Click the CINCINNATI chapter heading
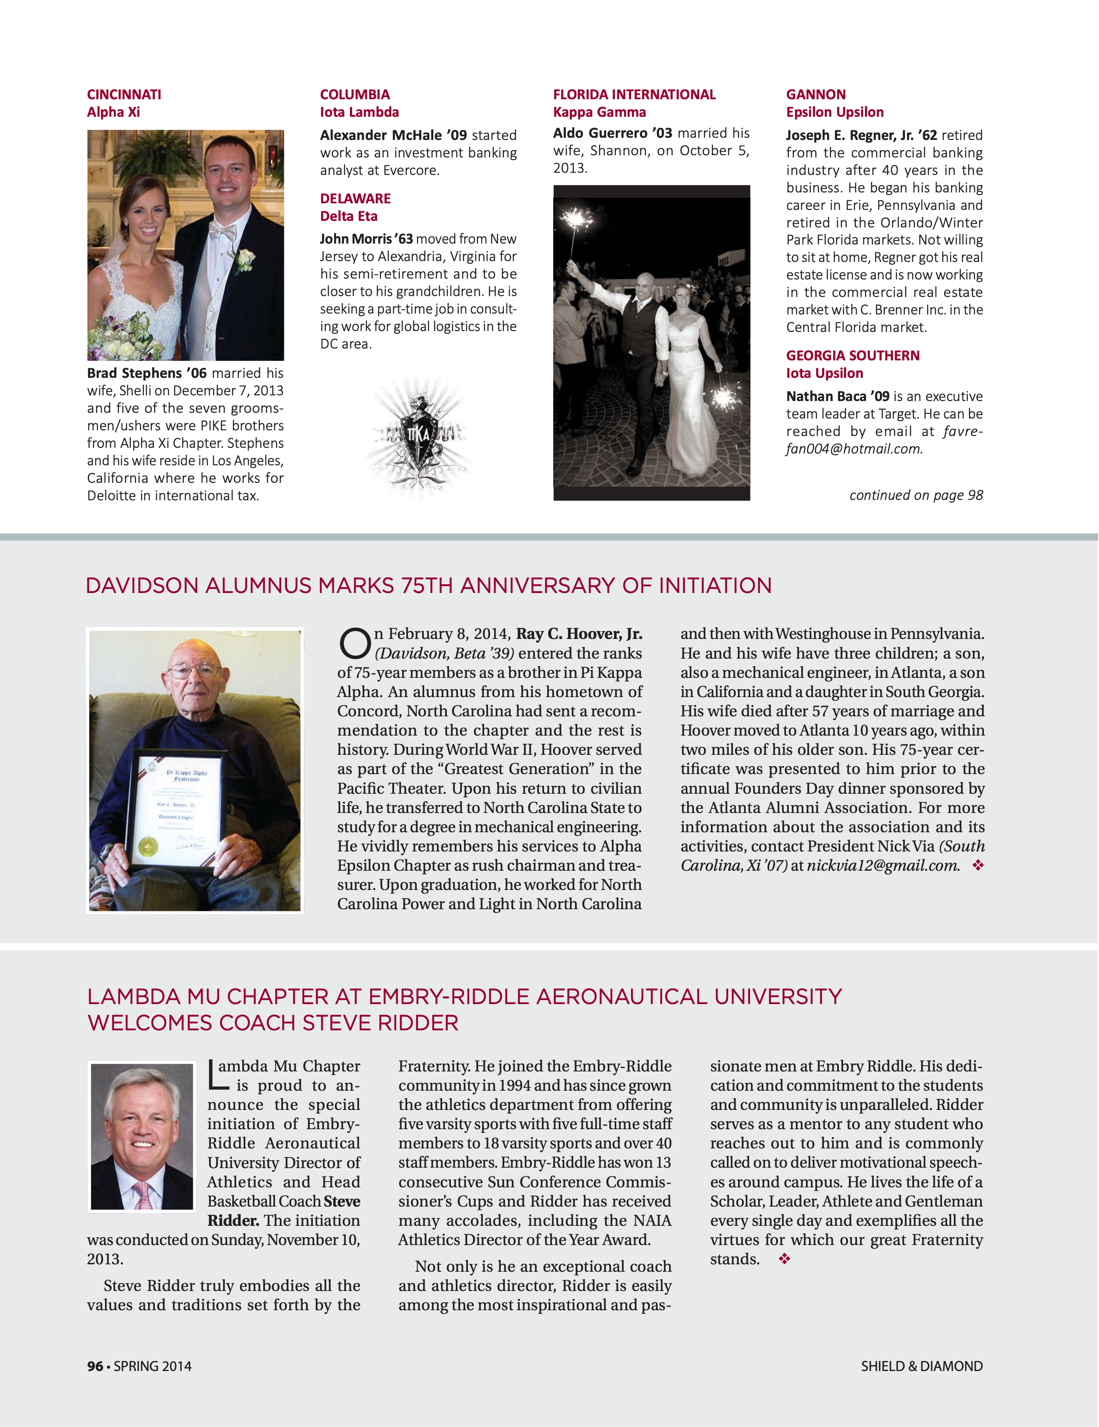coord(124,95)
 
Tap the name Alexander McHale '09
coord(393,135)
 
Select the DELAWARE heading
coord(355,199)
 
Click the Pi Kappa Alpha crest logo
coord(418,435)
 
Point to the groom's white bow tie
coord(223,231)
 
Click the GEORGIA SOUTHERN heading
coord(852,356)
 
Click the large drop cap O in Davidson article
coord(355,644)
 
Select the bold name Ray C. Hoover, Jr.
coord(579,634)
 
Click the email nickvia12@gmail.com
coord(883,866)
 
